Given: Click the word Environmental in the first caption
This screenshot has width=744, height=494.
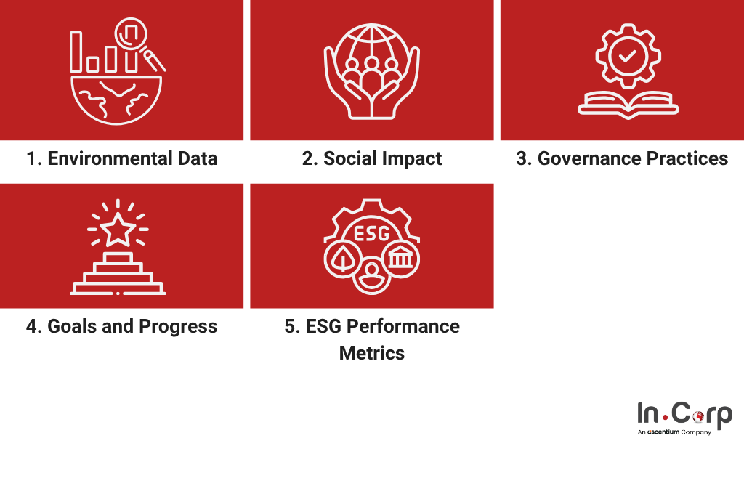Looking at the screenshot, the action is pos(110,158).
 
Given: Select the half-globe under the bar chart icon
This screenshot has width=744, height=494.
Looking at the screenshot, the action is pos(116,100).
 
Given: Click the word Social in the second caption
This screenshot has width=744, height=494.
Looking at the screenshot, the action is pos(350,158).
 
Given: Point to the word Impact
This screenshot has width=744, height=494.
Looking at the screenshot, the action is pos(412,159).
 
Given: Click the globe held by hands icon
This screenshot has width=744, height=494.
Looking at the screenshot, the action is pos(372,71).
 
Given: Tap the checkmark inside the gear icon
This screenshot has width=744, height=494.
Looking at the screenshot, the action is pos(628,57).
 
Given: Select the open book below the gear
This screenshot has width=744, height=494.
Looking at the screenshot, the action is pos(628,105).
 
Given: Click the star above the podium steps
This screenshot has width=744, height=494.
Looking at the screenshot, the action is pos(118,230).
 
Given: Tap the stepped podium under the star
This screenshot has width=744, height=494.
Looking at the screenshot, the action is pos(118,274).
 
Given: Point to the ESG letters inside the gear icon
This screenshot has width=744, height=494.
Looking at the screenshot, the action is pos(372,233).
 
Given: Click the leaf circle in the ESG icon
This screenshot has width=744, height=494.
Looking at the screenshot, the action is pos(342,259).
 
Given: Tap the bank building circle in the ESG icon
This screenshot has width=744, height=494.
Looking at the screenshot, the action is pos(401,259).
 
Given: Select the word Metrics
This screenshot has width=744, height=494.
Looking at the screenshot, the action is pos(372,353).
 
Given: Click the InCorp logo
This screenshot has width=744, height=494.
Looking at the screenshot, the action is pos(684,418).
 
